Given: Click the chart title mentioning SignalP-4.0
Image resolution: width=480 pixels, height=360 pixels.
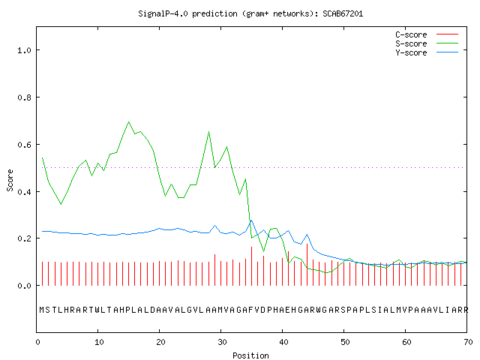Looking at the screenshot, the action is [x=250, y=13].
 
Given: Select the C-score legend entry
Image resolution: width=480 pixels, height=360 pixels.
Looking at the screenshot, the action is [x=427, y=34].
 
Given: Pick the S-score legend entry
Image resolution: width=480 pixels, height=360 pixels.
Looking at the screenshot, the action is [x=427, y=43].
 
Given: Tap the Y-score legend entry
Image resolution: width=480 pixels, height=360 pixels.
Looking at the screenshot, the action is [x=427, y=52].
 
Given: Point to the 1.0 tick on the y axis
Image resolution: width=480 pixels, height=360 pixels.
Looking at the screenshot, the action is [x=24, y=50].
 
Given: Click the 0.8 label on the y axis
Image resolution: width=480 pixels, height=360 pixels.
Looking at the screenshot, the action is [x=24, y=97].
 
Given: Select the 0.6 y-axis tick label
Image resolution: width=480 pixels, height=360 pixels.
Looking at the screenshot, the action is [x=24, y=145].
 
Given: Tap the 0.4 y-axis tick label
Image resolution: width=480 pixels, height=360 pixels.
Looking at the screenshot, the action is [x=24, y=192].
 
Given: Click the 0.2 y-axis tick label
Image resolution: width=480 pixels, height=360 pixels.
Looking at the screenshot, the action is [x=24, y=238].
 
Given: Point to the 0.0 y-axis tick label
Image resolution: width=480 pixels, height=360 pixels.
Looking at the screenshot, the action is [x=24, y=286].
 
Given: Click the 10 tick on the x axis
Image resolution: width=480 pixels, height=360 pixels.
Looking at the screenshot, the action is [x=99, y=342].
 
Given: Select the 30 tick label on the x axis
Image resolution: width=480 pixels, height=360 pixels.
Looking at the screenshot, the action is [x=222, y=342].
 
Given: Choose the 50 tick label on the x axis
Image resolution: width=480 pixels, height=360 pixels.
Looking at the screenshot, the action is [x=345, y=342].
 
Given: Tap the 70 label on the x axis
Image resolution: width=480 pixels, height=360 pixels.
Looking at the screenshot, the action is [x=468, y=342].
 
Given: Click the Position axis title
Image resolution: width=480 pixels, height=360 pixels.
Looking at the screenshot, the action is [x=250, y=355].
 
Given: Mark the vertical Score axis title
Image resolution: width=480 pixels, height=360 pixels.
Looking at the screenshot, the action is [x=10, y=180].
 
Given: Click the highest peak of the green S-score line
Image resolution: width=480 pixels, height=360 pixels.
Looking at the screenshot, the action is [x=128, y=121].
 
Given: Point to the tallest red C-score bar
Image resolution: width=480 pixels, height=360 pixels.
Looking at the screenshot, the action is [x=307, y=265].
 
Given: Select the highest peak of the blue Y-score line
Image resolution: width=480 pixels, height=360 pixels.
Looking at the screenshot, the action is [x=252, y=220].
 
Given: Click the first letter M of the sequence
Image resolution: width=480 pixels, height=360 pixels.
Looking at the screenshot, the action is [x=42, y=310].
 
